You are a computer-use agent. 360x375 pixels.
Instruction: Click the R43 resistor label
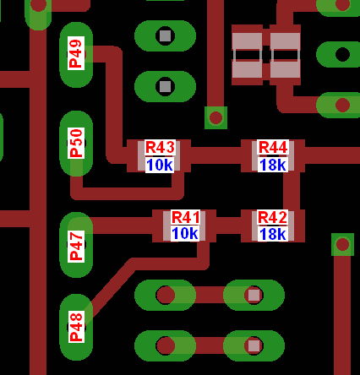[x=161, y=147]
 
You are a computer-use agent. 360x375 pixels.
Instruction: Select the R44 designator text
[x=273, y=147]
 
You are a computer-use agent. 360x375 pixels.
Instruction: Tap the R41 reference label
[x=186, y=217]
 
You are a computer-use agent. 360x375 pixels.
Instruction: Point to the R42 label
[x=272, y=217]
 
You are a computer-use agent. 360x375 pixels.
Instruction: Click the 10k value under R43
[x=160, y=165]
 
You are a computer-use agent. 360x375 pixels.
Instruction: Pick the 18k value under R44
[x=273, y=165]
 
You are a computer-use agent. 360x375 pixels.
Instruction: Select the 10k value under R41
[x=185, y=233]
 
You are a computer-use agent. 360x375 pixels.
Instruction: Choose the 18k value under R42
[x=273, y=234]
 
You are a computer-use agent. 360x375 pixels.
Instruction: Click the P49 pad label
[x=76, y=53]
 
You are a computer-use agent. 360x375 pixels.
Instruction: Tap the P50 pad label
[x=76, y=143]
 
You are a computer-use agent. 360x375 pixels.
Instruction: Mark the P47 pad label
[x=76, y=246]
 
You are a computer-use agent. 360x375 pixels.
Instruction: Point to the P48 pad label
[x=76, y=327]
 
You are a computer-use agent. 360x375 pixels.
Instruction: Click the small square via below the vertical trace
[x=215, y=117]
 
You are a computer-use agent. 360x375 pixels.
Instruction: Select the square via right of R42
[x=342, y=244]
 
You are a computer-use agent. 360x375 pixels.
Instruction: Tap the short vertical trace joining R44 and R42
[x=292, y=191]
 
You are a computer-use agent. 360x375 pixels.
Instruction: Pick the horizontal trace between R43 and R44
[x=215, y=155]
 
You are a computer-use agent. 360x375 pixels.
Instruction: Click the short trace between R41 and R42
[x=228, y=226]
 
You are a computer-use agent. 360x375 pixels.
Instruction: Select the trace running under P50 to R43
[x=127, y=192]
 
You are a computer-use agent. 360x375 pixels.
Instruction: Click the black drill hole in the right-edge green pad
[x=342, y=54]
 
